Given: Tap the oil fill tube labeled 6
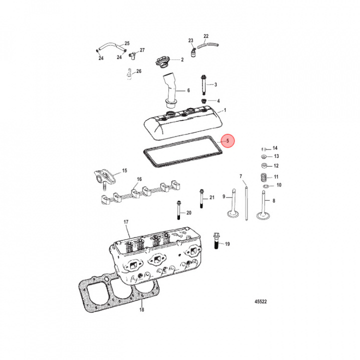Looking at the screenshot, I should coord(170,90).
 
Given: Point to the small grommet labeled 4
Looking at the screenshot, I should coord(204,101).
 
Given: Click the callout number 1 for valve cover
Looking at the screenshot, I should coord(225,110).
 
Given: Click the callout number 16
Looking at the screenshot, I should coord(139,179).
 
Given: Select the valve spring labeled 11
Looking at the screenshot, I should coord(263,176).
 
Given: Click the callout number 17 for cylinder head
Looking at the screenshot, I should coord(126,221).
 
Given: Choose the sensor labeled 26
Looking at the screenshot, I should coord(129,73).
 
